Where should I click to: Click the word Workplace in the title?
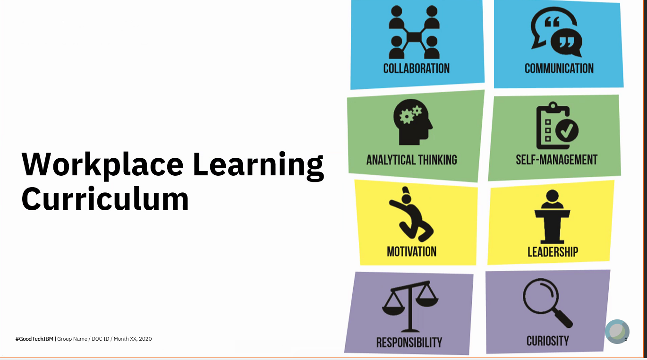102,165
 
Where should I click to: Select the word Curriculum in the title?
105,198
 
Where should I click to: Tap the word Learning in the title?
258,166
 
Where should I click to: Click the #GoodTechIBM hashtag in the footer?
34,339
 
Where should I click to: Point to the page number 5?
626,339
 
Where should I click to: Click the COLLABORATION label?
416,69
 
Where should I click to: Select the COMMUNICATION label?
559,69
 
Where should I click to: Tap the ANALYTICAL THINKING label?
412,160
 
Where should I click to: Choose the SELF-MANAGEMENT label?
557,160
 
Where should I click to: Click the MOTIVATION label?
412,251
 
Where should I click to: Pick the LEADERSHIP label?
553,252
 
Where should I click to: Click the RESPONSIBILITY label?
409,343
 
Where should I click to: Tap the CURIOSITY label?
548,341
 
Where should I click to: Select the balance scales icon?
410,306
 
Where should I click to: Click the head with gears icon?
412,122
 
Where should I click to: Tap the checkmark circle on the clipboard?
567,130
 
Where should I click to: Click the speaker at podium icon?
552,217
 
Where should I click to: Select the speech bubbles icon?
556,32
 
